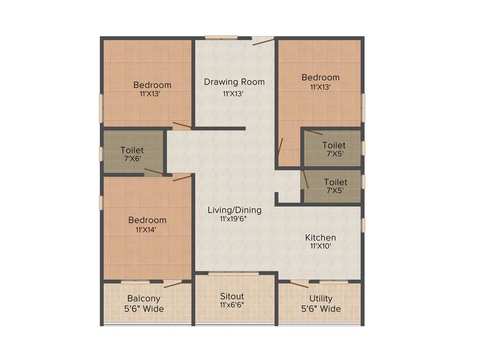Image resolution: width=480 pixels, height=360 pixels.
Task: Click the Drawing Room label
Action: pyautogui.click(x=234, y=82)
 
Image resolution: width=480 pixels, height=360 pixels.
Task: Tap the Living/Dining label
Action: pyautogui.click(x=234, y=210)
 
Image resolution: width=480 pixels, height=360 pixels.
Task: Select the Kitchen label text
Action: pyautogui.click(x=320, y=238)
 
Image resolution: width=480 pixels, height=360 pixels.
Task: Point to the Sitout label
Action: pyautogui.click(x=232, y=296)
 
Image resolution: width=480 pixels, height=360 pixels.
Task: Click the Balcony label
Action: pyautogui.click(x=144, y=299)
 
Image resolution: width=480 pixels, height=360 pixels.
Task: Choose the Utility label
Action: pyautogui.click(x=321, y=299)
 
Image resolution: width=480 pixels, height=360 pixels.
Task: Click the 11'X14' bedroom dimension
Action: pyautogui.click(x=147, y=230)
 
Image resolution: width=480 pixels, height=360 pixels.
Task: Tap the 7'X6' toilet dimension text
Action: pyautogui.click(x=132, y=159)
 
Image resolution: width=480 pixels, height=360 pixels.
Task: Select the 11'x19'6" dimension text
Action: pyautogui.click(x=234, y=219)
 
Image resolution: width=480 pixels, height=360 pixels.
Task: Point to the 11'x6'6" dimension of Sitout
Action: pyautogui.click(x=232, y=305)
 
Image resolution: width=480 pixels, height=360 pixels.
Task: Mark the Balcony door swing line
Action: pyautogui.click(x=173, y=285)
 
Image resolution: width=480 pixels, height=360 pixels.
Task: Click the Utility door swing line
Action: pyautogui.click(x=299, y=284)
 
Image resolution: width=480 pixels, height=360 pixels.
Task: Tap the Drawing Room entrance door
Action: pyautogui.click(x=263, y=42)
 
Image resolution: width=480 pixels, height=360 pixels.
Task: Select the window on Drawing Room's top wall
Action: pyautogui.click(x=221, y=37)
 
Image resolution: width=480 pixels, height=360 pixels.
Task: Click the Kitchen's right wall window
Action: pyautogui.click(x=363, y=224)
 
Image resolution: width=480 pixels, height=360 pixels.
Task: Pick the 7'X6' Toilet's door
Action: pyautogui.click(x=154, y=172)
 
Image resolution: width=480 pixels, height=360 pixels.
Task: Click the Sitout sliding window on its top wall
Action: pyautogui.click(x=233, y=274)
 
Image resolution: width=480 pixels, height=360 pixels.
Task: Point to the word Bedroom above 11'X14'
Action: pyautogui.click(x=147, y=220)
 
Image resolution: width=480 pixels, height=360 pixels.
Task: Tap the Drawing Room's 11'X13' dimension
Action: pyautogui.click(x=233, y=93)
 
